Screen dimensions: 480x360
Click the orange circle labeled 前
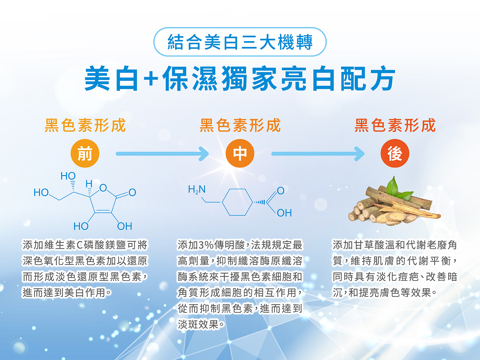click(85, 153)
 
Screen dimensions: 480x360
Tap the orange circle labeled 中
click(240, 153)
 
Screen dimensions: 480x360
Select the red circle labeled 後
click(395, 153)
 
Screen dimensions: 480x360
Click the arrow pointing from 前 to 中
click(162, 154)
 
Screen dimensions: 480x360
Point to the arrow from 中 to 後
click(318, 154)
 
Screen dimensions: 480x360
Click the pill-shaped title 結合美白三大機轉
click(240, 42)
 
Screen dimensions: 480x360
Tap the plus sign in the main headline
click(151, 79)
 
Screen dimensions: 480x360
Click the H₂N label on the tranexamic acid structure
click(197, 189)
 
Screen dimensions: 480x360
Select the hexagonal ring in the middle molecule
click(238, 202)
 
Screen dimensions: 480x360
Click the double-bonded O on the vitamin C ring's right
click(132, 192)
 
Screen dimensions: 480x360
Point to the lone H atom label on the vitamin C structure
click(89, 184)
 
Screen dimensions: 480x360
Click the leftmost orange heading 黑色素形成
click(85, 125)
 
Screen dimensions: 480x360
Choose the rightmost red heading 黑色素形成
click(395, 125)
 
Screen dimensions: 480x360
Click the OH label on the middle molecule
click(284, 213)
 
